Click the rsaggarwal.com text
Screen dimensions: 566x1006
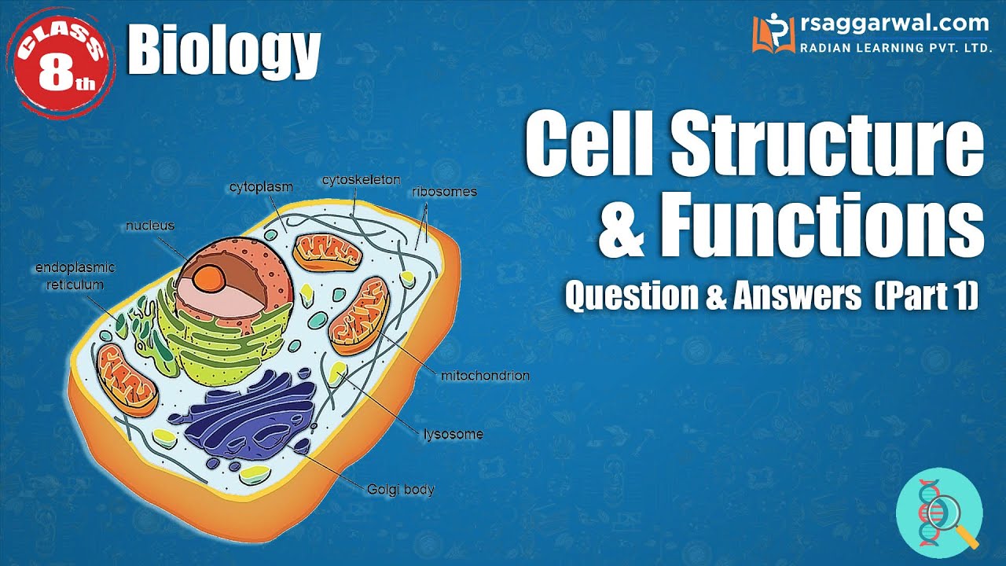[892, 24]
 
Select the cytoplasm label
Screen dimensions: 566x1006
[261, 187]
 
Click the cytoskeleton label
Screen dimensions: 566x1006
[361, 180]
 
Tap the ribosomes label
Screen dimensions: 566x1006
[444, 191]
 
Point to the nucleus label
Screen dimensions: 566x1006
[150, 226]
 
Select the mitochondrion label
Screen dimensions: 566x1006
[485, 376]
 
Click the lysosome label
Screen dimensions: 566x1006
[453, 434]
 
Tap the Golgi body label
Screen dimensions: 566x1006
[401, 490]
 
